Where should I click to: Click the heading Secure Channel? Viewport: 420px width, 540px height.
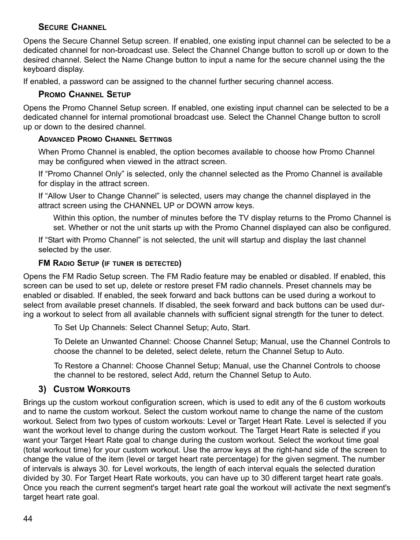[x=72, y=27]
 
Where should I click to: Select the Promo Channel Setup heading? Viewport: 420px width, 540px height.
[x=85, y=94]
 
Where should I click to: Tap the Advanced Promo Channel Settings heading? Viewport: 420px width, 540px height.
[x=105, y=139]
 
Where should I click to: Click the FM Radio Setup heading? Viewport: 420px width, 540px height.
[x=110, y=264]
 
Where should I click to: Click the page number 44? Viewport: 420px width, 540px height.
[x=28, y=519]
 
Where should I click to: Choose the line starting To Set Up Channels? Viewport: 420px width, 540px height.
[x=152, y=328]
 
